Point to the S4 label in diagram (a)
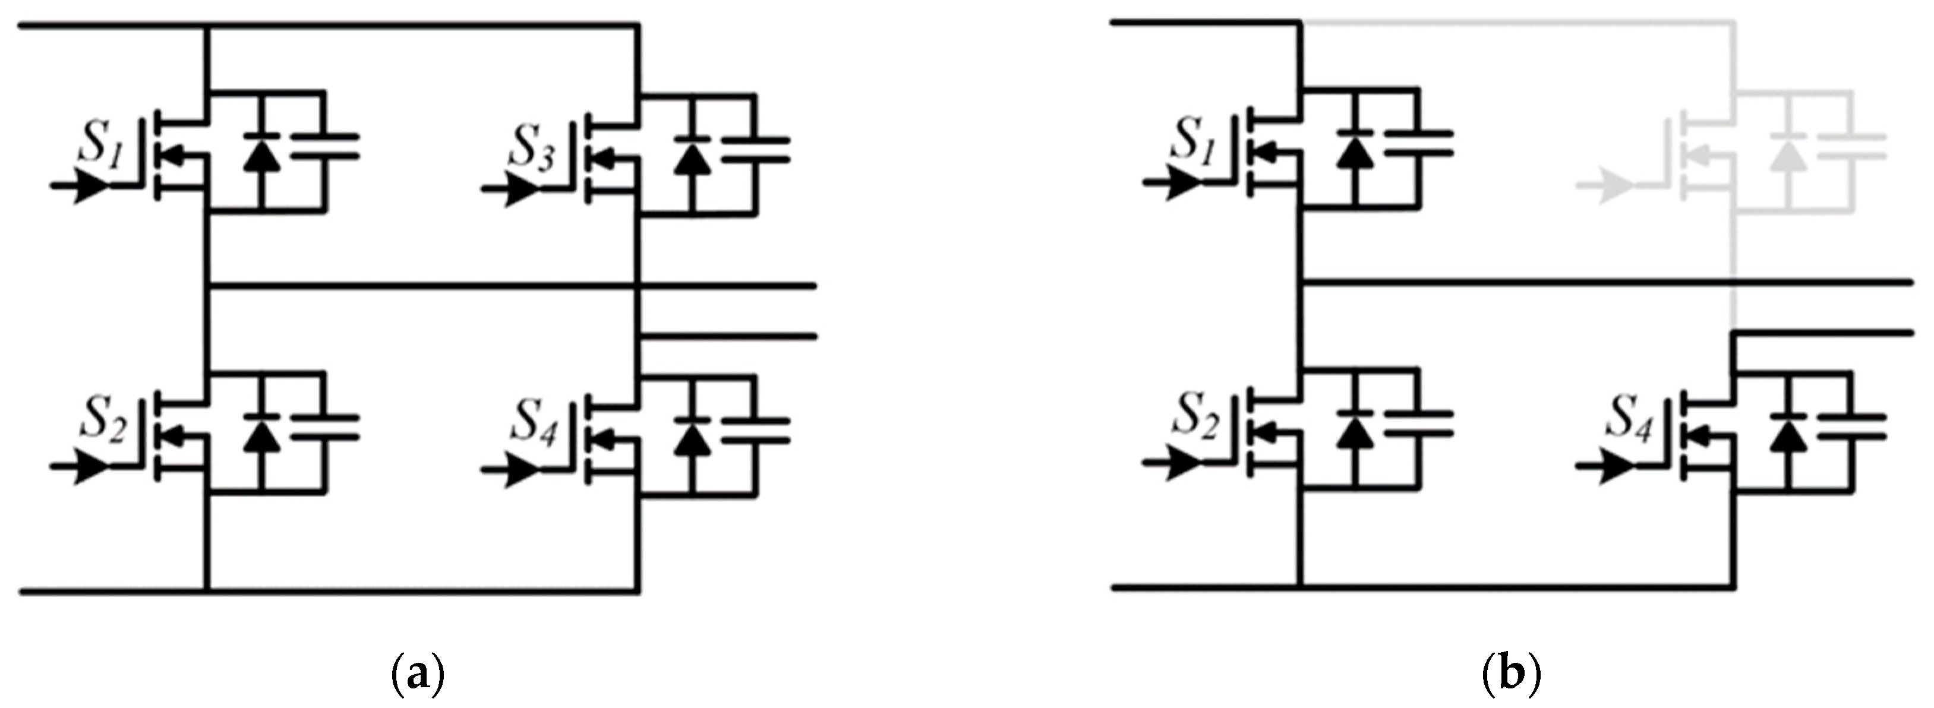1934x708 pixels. (535, 425)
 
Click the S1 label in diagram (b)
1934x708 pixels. (1196, 142)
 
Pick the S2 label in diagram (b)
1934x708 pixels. (1196, 418)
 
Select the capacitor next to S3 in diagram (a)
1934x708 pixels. (755, 150)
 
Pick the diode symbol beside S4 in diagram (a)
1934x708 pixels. (692, 432)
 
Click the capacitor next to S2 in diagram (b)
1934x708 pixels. (1419, 423)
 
